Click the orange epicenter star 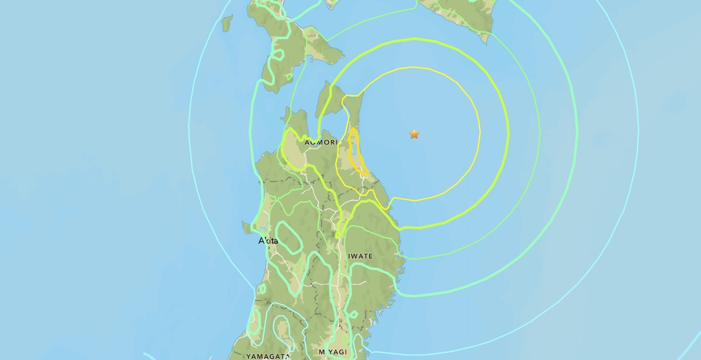point(414,134)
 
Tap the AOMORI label point(320,142)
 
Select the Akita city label point(269,241)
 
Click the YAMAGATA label point(268,356)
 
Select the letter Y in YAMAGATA point(249,356)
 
